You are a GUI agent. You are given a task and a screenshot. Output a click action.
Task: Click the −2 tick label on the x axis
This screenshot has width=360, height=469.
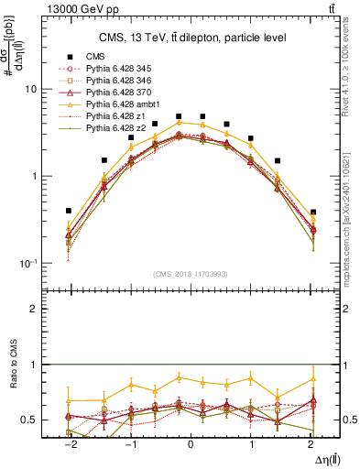[68, 443]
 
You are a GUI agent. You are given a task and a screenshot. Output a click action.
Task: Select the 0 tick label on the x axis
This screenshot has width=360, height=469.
[191, 443]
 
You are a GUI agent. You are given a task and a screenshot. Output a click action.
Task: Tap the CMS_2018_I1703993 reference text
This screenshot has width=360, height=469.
[191, 273]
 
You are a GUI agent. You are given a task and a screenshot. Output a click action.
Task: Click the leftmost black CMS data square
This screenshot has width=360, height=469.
[69, 211]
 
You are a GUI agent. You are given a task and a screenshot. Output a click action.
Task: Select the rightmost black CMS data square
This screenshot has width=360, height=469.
[312, 213]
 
